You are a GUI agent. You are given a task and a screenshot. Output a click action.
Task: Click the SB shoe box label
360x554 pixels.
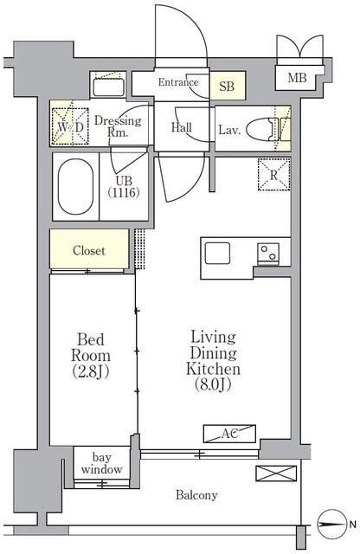click(227, 86)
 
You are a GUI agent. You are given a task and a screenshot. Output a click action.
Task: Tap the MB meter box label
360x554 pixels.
click(297, 78)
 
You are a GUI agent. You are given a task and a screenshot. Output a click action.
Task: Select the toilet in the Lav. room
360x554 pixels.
click(260, 129)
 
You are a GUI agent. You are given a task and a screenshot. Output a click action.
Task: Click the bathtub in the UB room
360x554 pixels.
click(75, 187)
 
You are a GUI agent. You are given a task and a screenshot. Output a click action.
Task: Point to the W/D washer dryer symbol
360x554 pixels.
click(70, 126)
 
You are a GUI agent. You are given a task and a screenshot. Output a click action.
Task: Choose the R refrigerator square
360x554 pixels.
click(273, 175)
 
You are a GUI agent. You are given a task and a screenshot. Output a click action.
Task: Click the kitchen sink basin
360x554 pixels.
click(217, 254)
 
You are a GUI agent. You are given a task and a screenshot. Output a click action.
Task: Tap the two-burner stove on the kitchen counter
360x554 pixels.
click(268, 254)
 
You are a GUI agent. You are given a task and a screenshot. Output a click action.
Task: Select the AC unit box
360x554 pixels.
click(229, 434)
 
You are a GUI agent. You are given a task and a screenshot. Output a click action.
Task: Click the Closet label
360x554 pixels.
click(89, 250)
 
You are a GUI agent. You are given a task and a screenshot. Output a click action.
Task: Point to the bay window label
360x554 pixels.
click(102, 463)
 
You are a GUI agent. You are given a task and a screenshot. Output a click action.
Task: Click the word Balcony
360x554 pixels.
click(196, 495)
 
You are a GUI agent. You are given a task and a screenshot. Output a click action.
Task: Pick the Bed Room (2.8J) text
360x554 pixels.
click(91, 356)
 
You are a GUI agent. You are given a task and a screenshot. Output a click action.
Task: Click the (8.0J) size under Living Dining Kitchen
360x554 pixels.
click(213, 384)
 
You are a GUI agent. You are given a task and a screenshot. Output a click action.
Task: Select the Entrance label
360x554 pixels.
click(178, 82)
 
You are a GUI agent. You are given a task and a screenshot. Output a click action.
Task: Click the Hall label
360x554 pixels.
click(182, 127)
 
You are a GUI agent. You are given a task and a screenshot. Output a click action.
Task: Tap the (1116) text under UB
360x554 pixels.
click(124, 192)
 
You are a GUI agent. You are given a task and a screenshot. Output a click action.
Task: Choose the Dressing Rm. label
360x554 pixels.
click(118, 126)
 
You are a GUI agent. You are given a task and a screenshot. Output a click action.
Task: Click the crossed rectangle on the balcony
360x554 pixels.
click(276, 473)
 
